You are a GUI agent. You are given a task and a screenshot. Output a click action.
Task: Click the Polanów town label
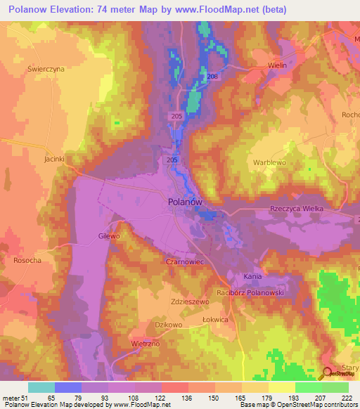pos(186,201)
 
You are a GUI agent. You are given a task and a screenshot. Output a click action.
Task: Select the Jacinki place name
pos(54,159)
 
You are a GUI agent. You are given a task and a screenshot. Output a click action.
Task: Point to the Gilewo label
pos(110,237)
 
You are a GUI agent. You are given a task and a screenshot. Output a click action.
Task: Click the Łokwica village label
pos(214,319)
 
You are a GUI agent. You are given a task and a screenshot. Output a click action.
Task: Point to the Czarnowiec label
pos(185,260)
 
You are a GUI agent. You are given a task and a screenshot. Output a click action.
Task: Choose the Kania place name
pos(252,276)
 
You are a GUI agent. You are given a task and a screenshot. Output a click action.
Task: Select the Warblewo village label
pos(270,162)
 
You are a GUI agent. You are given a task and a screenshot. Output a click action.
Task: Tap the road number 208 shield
pos(213,76)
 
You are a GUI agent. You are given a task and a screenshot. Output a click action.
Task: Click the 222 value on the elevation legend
pos(346,397)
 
